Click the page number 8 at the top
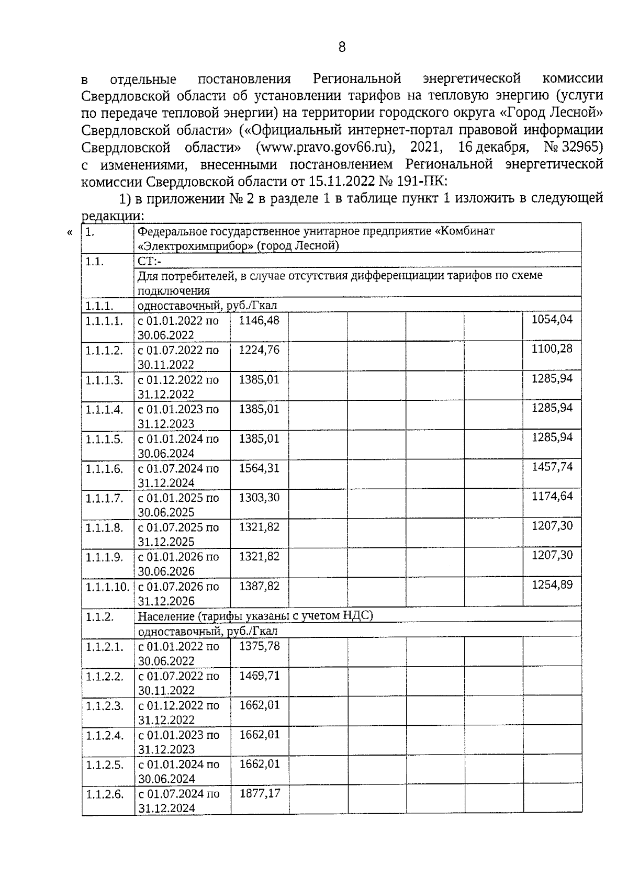point(342,48)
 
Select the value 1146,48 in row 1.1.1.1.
point(259,320)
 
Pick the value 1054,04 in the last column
point(552,319)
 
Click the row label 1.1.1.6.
point(104,469)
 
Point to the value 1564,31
point(259,468)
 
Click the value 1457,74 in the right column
point(552,467)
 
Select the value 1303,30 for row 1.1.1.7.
point(259,498)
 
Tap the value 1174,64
point(552,496)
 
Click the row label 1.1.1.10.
point(107,587)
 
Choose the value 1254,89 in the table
point(552,584)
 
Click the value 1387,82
point(259,587)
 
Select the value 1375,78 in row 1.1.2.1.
point(259,646)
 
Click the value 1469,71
point(259,676)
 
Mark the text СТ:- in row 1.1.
point(150,261)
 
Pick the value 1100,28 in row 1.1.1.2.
point(552,349)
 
